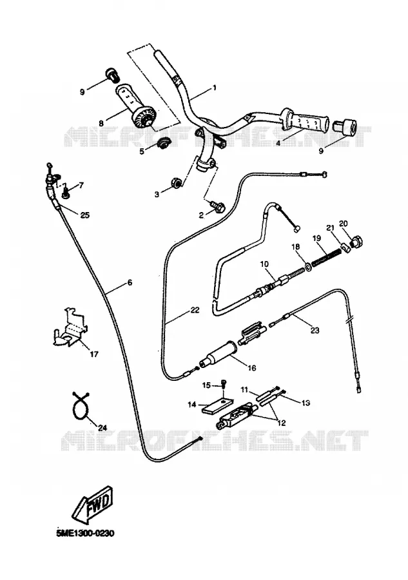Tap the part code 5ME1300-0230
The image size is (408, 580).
pyautogui.click(x=86, y=534)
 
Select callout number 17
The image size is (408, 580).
pyautogui.click(x=94, y=354)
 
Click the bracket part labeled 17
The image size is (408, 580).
pyautogui.click(x=70, y=327)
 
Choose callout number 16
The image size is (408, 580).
pyautogui.click(x=251, y=368)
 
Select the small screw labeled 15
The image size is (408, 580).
pyautogui.click(x=224, y=383)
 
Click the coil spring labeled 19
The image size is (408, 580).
pyautogui.click(x=327, y=257)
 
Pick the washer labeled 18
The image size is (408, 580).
pyautogui.click(x=307, y=267)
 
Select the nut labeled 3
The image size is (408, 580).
pyautogui.click(x=176, y=182)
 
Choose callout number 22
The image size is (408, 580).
pyautogui.click(x=195, y=310)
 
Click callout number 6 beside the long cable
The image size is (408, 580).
pyautogui.click(x=130, y=283)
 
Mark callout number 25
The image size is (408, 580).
pyautogui.click(x=84, y=215)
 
